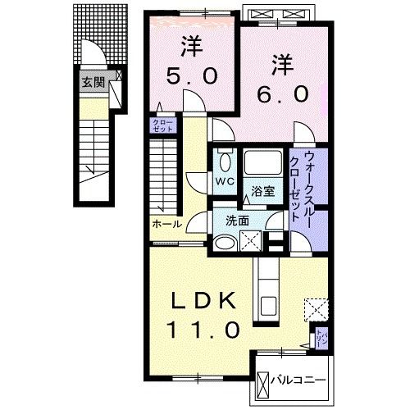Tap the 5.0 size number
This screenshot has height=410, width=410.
pos(194,76)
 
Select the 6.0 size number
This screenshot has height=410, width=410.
pos(283,94)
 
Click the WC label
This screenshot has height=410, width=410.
pos(224,180)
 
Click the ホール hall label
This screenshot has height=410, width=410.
pos(166,223)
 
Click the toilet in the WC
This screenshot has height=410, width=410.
pos(224,160)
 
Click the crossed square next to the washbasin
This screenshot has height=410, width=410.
pos(252,240)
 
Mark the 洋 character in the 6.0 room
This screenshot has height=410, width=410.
pos(282,61)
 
